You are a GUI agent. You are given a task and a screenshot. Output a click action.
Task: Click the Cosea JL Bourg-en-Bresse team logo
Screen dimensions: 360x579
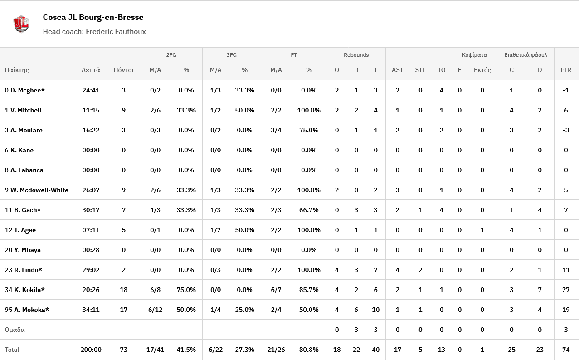[x=21, y=24]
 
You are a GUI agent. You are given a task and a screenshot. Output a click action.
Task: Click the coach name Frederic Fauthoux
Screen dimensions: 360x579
[x=116, y=32]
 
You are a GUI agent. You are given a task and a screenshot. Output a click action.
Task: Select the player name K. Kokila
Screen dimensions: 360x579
[x=29, y=290]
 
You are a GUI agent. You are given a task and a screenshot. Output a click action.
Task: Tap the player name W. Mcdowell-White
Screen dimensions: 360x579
[x=39, y=190]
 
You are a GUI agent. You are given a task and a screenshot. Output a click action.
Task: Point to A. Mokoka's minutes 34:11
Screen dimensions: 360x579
[x=91, y=310]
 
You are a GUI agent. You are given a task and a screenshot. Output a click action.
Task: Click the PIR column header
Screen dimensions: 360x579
[x=566, y=70]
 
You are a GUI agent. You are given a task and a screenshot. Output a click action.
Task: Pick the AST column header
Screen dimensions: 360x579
[x=397, y=70]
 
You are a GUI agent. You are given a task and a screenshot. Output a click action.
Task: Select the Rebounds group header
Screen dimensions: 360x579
[x=356, y=55]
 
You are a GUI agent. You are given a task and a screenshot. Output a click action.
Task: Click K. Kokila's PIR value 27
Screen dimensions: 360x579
[x=566, y=290]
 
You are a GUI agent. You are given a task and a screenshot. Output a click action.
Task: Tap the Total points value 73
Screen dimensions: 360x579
[x=123, y=350]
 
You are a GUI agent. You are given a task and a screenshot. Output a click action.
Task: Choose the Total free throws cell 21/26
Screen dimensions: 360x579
[x=276, y=350]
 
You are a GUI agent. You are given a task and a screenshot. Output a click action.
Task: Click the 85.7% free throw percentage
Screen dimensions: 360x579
[x=309, y=290]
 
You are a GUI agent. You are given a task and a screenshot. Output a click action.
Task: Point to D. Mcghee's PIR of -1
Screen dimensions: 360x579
[x=566, y=90]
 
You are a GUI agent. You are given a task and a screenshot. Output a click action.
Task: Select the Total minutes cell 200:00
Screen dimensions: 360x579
[x=91, y=350]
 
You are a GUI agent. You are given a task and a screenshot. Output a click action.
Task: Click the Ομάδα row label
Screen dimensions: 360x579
[x=15, y=330]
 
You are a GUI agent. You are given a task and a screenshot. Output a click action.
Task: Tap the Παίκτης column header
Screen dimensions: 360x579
[x=17, y=70]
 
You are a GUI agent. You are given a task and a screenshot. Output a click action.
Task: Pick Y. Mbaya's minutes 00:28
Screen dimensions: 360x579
[x=91, y=250]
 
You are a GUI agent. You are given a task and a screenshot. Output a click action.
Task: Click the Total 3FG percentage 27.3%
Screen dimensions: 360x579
[x=244, y=350]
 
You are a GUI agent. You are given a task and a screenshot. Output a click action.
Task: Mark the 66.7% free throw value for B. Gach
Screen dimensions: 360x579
[x=309, y=210]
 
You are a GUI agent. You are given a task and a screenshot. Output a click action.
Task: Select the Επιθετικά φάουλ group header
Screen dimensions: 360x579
[x=525, y=55]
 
